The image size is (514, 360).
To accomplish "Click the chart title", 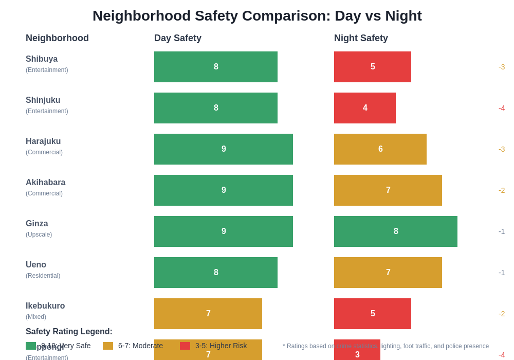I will (257, 16).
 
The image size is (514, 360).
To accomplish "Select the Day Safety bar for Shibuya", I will (216, 67).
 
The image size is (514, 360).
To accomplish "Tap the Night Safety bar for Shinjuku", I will (365, 108).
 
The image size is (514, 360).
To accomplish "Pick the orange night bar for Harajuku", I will (380, 149).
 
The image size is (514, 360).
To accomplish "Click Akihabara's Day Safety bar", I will (224, 190).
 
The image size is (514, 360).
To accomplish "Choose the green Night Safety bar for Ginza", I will (396, 231).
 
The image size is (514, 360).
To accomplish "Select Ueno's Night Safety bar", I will (388, 273).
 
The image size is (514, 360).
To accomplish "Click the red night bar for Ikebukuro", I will (373, 314).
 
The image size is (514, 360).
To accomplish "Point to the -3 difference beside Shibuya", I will (502, 67).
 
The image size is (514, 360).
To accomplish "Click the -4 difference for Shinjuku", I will (502, 108).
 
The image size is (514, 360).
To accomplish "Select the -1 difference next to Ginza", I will (502, 231).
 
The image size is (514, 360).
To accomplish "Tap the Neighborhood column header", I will (57, 38).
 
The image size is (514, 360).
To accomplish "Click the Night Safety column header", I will (361, 38).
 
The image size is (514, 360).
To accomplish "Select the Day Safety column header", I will (178, 38).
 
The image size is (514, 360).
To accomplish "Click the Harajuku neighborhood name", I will (43, 141).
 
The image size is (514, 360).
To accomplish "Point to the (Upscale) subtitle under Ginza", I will (39, 235).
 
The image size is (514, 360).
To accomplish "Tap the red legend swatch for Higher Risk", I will (185, 346).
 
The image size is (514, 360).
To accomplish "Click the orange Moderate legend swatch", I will (108, 346).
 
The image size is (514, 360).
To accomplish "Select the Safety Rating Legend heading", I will (69, 332).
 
